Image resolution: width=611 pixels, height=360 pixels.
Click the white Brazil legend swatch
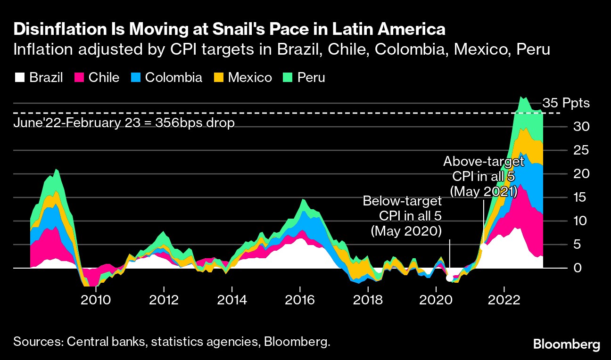pyautogui.click(x=20, y=77)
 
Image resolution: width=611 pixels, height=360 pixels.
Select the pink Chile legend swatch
pyautogui.click(x=79, y=77)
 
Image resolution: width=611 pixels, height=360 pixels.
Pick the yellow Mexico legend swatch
pyautogui.click(x=219, y=77)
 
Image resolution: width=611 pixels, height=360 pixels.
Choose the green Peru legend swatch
pyautogui.click(x=288, y=77)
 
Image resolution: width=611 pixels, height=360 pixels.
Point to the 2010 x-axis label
pyautogui.click(x=96, y=300)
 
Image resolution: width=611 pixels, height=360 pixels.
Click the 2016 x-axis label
pyautogui.click(x=300, y=300)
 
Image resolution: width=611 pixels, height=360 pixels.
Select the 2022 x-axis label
pyautogui.click(x=504, y=300)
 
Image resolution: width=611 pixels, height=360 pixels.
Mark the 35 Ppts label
pyautogui.click(x=566, y=103)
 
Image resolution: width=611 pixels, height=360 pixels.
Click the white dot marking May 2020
pyautogui.click(x=449, y=278)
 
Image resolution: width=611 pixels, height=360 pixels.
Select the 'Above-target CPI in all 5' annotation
pyautogui.click(x=484, y=177)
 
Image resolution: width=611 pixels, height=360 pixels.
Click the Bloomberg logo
pyautogui.click(x=566, y=344)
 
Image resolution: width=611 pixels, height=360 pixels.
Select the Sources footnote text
pyautogui.click(x=172, y=342)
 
